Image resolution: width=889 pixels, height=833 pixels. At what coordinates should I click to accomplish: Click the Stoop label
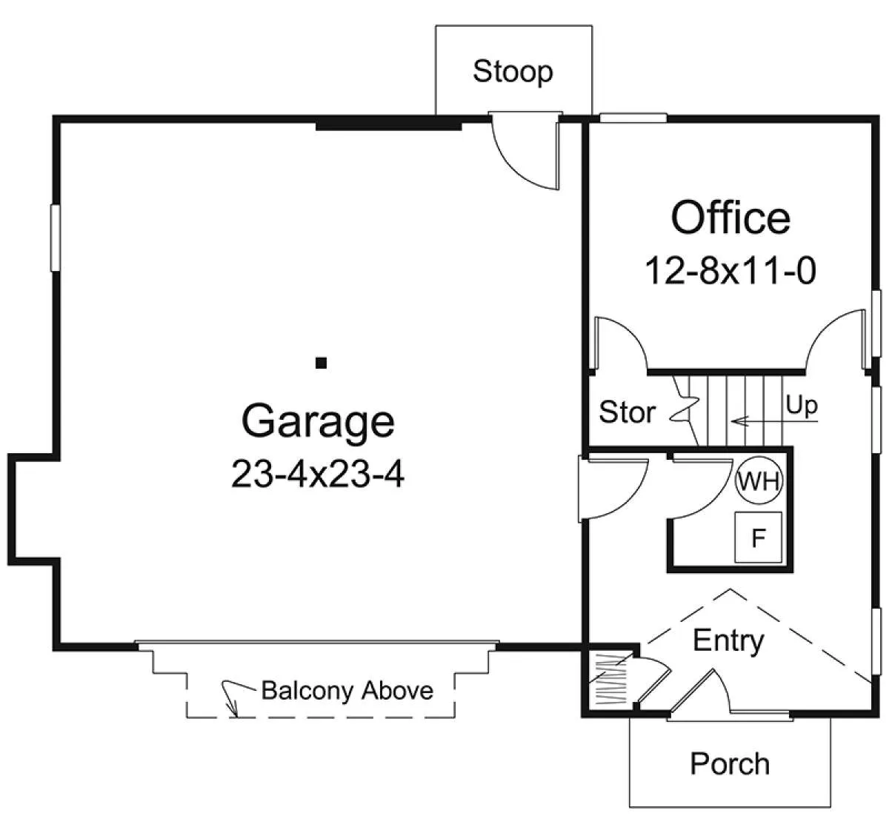pyautogui.click(x=513, y=72)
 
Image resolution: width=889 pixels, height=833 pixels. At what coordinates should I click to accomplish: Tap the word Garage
pyautogui.click(x=318, y=422)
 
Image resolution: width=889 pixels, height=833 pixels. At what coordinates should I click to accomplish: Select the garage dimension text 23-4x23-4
pyautogui.click(x=318, y=475)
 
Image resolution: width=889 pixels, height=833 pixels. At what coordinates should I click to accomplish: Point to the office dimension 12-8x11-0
pyautogui.click(x=730, y=271)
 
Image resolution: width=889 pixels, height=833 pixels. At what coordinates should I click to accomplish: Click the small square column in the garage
pyautogui.click(x=321, y=363)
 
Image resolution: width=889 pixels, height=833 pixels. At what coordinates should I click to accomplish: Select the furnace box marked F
pyautogui.click(x=759, y=537)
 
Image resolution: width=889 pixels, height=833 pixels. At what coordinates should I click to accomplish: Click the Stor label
pyautogui.click(x=627, y=412)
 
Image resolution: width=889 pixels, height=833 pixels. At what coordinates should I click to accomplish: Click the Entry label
pyautogui.click(x=728, y=641)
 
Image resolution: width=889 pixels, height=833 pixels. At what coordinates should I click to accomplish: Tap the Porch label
pyautogui.click(x=730, y=763)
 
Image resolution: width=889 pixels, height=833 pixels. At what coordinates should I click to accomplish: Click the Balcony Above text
pyautogui.click(x=347, y=690)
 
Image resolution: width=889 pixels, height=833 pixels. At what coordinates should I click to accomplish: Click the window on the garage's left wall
pyautogui.click(x=55, y=238)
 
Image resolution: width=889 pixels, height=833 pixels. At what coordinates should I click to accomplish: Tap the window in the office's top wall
pyautogui.click(x=633, y=118)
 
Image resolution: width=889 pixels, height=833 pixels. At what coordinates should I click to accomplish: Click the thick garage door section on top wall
pyautogui.click(x=388, y=123)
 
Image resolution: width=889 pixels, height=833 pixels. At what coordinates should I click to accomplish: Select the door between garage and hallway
pyautogui.click(x=613, y=489)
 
